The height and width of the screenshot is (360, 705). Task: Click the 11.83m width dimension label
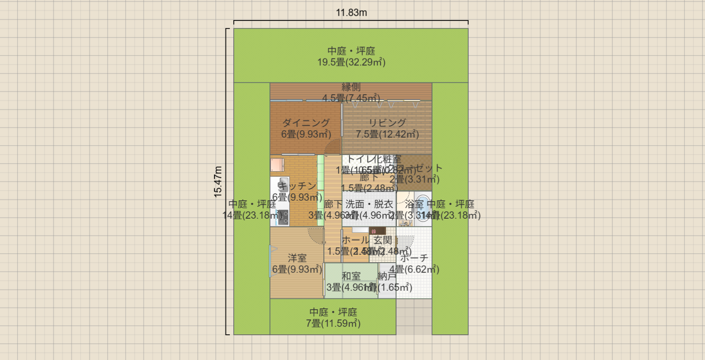point(351,13)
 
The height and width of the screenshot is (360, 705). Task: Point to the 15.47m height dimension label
point(218,182)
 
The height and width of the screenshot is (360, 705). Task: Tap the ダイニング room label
point(306,123)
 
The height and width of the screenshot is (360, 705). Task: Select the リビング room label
point(387,123)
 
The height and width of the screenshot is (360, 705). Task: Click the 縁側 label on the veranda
point(351,88)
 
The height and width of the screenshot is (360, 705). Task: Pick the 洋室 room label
point(297,258)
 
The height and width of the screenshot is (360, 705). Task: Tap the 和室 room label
point(351,276)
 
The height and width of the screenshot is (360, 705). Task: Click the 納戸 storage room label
point(387,276)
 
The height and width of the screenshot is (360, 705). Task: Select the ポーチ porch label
point(414,258)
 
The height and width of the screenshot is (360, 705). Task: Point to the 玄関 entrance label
point(383,240)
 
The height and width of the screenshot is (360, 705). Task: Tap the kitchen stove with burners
point(283,218)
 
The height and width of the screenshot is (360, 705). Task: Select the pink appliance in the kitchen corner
point(277,165)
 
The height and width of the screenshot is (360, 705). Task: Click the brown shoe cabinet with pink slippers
point(377,231)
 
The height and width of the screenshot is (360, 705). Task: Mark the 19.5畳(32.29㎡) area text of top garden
point(351,62)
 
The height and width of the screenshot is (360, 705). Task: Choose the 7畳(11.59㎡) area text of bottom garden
point(333,324)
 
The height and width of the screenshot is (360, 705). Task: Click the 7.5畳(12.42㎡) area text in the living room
point(387,135)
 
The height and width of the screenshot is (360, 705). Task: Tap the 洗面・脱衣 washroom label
point(369,204)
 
